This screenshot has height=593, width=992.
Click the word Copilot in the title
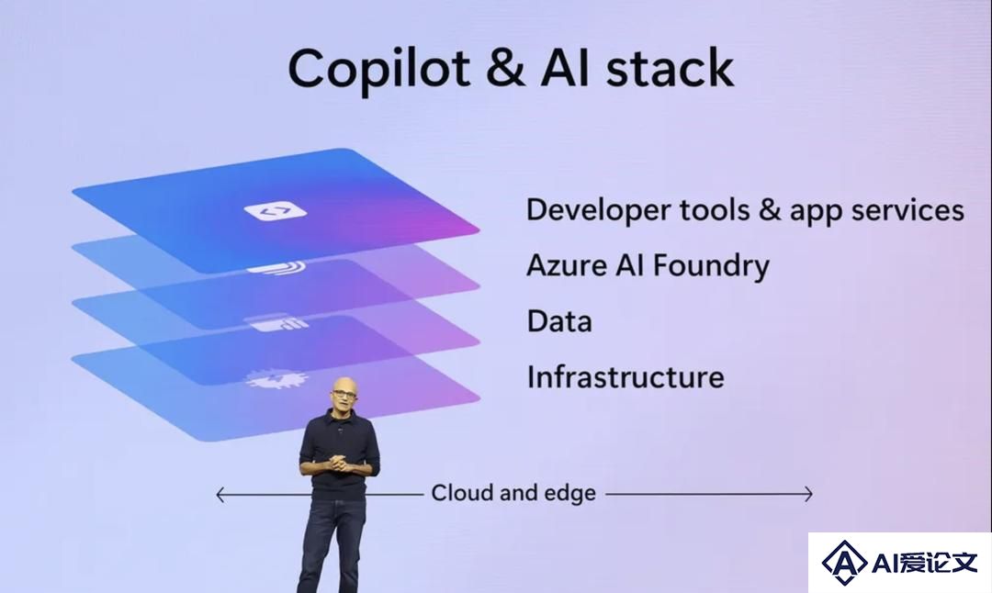click(x=379, y=68)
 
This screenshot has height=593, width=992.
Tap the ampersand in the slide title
click(x=505, y=67)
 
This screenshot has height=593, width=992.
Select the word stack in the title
click(x=670, y=67)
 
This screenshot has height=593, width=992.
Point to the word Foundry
click(x=710, y=266)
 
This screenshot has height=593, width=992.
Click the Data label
click(x=559, y=321)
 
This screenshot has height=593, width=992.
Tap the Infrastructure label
click(x=626, y=376)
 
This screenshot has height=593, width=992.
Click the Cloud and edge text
click(x=513, y=493)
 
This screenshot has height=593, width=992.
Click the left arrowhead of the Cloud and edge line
click(x=220, y=495)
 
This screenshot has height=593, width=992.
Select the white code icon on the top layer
click(x=276, y=210)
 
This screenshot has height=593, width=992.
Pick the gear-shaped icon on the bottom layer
click(x=276, y=379)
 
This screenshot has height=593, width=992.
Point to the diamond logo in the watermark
click(x=844, y=563)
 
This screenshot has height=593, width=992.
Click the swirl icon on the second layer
click(x=276, y=269)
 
